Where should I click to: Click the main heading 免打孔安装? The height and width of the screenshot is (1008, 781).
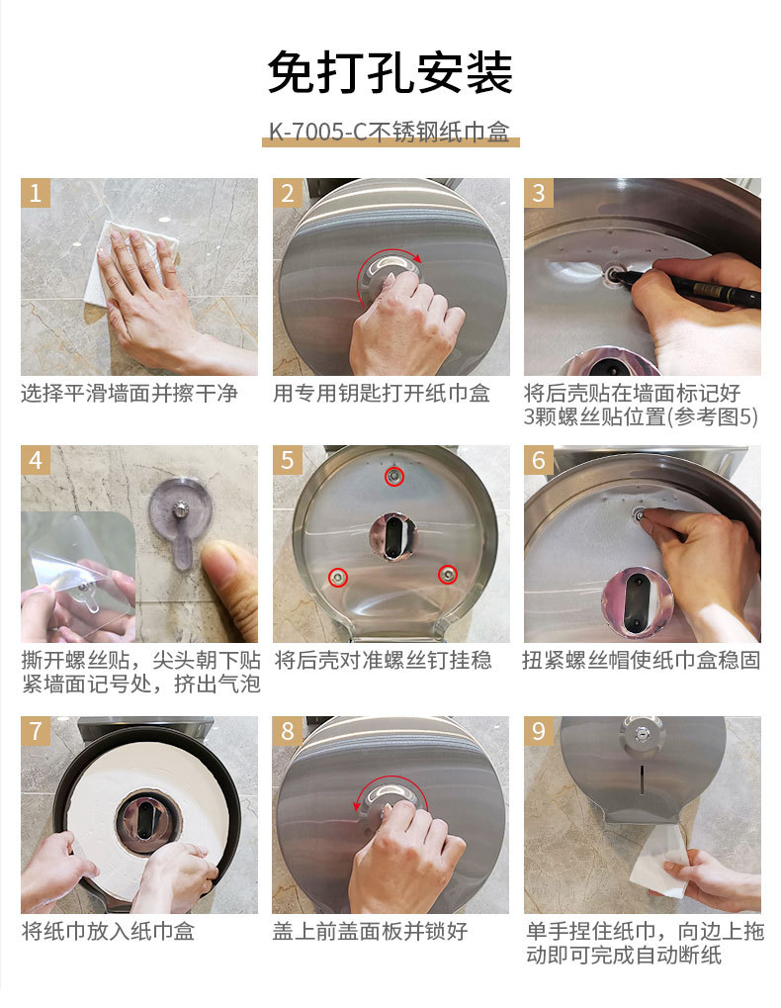(390, 72)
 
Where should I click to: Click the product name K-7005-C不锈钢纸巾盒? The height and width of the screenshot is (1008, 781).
(390, 132)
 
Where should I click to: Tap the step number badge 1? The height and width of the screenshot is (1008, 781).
(36, 193)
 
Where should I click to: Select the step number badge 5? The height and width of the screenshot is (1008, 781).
(287, 460)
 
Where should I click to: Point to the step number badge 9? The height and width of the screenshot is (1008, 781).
(539, 731)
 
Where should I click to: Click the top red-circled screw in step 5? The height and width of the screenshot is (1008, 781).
(393, 477)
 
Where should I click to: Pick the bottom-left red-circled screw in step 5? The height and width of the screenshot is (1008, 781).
(338, 577)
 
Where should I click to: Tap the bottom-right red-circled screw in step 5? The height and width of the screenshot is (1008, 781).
(448, 574)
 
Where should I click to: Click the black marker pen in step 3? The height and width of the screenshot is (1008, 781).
(687, 287)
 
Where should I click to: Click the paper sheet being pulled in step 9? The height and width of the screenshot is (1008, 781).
(656, 862)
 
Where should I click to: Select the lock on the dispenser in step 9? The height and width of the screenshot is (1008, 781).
(640, 732)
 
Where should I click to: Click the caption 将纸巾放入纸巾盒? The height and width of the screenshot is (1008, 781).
(108, 931)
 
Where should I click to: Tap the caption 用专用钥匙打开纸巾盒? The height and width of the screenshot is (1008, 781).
(382, 393)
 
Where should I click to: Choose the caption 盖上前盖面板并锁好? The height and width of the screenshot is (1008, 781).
(370, 931)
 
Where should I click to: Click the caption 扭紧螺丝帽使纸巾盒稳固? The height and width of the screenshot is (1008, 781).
(641, 660)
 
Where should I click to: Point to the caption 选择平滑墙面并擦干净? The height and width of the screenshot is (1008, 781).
(130, 393)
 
